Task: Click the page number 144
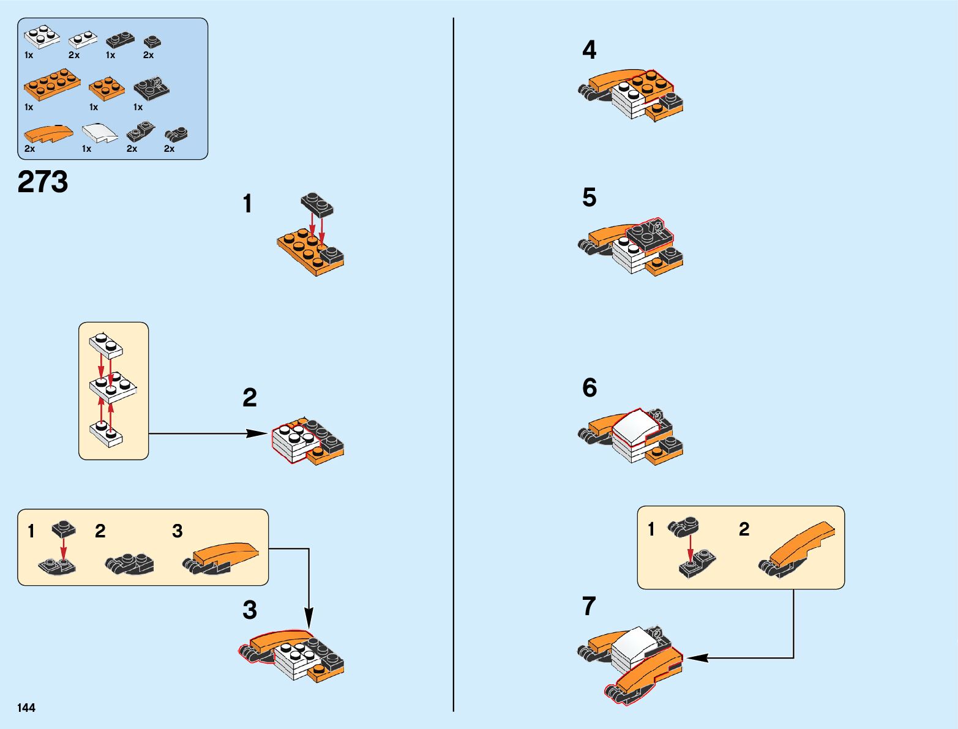[26, 708]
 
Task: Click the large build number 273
[43, 182]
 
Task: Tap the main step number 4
[589, 50]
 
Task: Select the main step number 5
[589, 198]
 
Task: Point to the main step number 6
[589, 388]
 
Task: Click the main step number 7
[588, 607]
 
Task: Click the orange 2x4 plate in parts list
[51, 84]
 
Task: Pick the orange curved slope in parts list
[48, 133]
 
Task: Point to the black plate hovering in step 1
[317, 204]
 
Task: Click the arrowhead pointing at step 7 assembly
[697, 658]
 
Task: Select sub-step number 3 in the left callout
[177, 531]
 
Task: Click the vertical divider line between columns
[454, 367]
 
